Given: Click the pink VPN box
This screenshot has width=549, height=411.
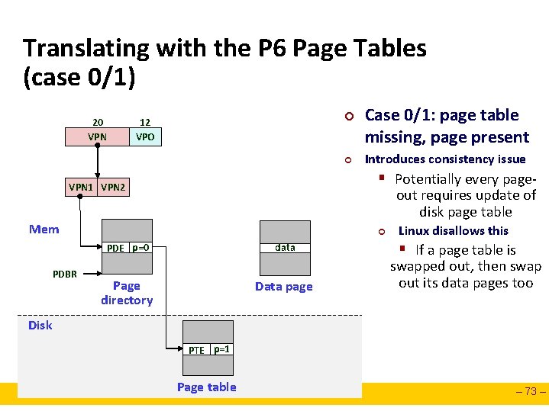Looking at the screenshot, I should (97, 137).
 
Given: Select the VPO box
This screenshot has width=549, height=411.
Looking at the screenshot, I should (144, 137).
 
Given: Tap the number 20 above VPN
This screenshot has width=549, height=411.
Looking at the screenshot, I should (98, 122).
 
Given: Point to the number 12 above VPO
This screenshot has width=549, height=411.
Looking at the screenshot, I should (144, 122).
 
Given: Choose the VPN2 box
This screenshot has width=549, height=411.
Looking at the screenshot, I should (114, 187).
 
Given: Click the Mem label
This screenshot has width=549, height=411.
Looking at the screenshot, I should (44, 229).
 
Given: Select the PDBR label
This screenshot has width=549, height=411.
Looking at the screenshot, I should (65, 274).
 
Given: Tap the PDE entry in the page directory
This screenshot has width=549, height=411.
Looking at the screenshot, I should (115, 248).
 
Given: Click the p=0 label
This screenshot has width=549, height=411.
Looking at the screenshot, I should (140, 248).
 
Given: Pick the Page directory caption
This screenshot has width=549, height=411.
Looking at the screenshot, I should (127, 293).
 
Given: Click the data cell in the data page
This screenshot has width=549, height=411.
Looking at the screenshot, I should (285, 247).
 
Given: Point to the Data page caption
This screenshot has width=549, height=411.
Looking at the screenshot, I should (284, 287).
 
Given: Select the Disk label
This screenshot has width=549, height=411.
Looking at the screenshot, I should (40, 325).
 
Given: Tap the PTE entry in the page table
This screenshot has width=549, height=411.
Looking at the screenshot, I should (196, 350).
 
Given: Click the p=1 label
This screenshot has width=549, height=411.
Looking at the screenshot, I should (222, 349).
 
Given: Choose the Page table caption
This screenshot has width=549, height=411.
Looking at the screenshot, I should (206, 387).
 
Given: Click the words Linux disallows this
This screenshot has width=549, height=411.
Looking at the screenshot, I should (454, 230).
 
